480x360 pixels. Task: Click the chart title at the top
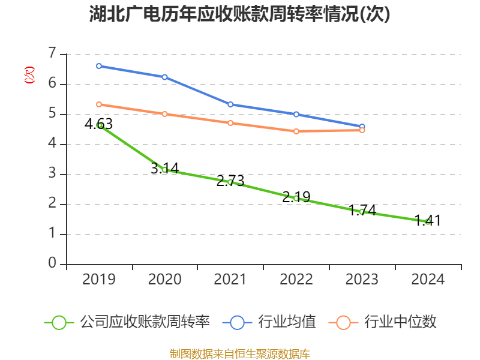[239, 14]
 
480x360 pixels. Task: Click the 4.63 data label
[98, 124]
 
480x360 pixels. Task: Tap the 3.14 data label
[164, 169]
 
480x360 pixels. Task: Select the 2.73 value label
[230, 181]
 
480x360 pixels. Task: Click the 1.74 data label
[362, 210]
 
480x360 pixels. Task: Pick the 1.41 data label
[428, 221]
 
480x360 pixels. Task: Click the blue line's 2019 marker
[99, 66]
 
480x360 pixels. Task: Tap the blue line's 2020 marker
[164, 77]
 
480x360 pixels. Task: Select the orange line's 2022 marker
[296, 131]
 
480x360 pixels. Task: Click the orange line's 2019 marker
[99, 104]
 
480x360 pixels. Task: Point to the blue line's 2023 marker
[362, 127]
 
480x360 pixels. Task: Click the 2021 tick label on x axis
[230, 280]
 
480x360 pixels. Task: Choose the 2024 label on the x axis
[428, 280]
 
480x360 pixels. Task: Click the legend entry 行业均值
[270, 322]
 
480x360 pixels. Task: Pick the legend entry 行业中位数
[383, 322]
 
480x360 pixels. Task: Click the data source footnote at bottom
[239, 353]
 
